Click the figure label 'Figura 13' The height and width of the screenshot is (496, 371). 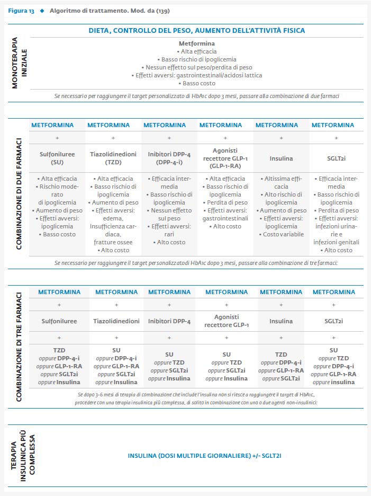pos(21,11)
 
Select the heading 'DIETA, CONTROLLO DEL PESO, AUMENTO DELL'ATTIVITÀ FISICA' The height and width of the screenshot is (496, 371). pos(196,31)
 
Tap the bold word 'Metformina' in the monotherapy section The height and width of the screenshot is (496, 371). pos(196,43)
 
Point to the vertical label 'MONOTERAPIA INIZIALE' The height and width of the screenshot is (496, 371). pos(19,63)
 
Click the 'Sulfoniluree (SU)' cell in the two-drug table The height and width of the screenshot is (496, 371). pos(57,158)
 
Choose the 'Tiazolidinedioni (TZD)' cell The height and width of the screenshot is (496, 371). pos(113,158)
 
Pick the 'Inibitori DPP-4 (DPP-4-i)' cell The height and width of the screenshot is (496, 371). pos(169,158)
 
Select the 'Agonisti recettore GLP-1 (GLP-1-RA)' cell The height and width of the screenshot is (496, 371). pos(225,158)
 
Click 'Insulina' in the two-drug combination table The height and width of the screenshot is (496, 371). pos(281,158)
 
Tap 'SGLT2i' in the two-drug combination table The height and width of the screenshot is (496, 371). pos(336,158)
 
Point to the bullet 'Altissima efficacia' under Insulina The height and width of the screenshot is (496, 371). pos(281,182)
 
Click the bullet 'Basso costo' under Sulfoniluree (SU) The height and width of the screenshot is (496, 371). pos(57,234)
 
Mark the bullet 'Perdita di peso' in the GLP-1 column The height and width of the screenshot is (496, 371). pos(225,202)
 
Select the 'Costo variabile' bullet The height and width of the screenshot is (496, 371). pos(281,234)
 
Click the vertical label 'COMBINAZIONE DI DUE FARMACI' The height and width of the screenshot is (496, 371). pos(19,193)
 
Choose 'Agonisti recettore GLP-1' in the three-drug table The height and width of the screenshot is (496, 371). pos(227,321)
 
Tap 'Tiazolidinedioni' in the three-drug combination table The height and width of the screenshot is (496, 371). pos(116,321)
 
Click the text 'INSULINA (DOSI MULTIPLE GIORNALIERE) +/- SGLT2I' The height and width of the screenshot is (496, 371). pos(204,456)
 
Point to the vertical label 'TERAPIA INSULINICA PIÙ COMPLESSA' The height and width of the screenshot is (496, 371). pos(23,456)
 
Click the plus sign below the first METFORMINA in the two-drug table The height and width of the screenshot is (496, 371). pos(57,138)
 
